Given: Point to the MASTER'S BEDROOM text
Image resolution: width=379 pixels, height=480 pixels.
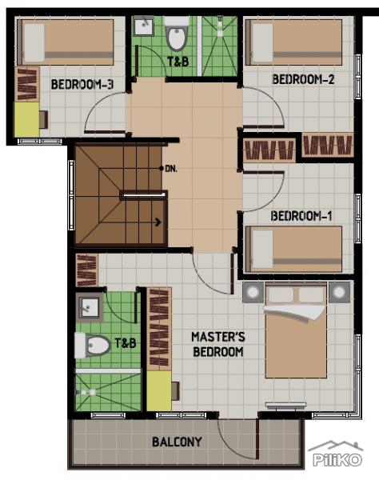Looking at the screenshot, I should (217, 344).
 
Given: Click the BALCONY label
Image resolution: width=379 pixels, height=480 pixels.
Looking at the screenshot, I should (177, 442).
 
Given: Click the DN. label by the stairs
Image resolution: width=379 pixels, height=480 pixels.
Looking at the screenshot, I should (170, 169).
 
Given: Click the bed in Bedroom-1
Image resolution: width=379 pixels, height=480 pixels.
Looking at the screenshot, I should (296, 249).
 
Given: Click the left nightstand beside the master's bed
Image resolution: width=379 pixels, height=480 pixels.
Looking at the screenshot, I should (253, 291).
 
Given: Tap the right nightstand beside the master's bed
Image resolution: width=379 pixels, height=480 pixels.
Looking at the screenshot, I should (339, 291).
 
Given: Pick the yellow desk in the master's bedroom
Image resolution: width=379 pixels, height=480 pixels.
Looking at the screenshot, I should (159, 391).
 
